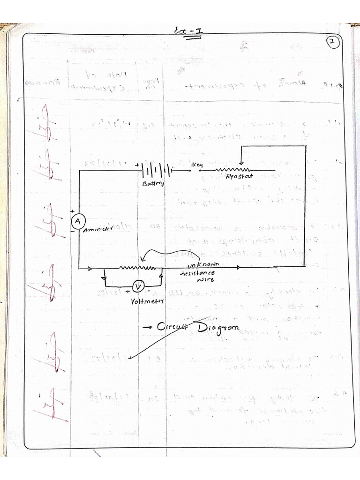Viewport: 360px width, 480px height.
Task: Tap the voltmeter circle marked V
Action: [137, 286]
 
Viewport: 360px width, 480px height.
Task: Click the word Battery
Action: [153, 184]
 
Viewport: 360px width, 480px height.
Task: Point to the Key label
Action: [196, 165]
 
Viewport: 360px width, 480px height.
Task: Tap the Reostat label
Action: [239, 177]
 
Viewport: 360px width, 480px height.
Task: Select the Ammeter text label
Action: [99, 230]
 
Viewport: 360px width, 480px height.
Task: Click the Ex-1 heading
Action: [188, 31]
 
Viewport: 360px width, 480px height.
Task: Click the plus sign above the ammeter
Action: [73, 211]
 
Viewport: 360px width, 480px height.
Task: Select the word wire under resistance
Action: [206, 280]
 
